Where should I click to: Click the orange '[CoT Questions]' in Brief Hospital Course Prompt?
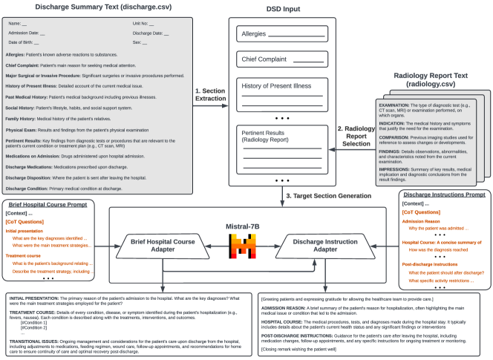coord(25,221)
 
